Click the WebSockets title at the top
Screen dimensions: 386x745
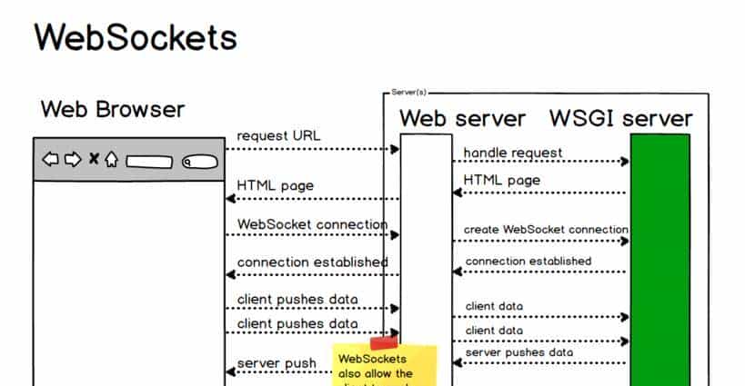[136, 37]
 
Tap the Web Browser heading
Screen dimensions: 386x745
[113, 110]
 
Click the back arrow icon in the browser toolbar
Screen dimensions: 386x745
[51, 160]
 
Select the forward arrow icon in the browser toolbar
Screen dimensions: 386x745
[72, 160]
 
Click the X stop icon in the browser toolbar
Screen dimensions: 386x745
[93, 160]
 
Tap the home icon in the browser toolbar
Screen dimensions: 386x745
[111, 160]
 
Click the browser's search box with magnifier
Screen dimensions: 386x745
[198, 162]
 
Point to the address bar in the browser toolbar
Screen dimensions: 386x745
[149, 162]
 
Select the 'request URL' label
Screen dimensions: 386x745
[278, 136]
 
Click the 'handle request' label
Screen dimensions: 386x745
[513, 153]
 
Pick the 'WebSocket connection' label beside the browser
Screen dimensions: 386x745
[312, 223]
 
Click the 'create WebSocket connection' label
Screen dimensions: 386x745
[546, 230]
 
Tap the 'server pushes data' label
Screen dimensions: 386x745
[519, 352]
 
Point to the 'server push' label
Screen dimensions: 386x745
[277, 364]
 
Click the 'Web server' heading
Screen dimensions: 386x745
[462, 118]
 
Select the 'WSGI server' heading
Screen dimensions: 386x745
[620, 118]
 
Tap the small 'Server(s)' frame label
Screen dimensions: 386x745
[408, 93]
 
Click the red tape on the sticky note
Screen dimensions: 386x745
[384, 342]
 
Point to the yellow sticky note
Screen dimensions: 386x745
[384, 368]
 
